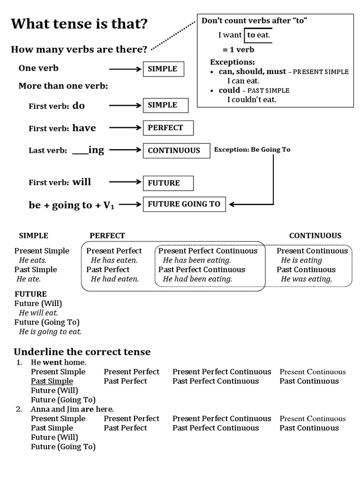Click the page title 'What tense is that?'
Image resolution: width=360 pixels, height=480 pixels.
pos(79,24)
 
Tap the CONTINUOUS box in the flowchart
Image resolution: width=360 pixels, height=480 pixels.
pos(176,150)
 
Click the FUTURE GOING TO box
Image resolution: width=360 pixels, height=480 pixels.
pos(184,204)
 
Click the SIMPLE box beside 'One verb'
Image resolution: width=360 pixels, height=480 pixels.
pos(163,69)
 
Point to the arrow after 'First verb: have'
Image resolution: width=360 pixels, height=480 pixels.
pos(125,127)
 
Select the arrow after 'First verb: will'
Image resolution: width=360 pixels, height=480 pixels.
pos(125,182)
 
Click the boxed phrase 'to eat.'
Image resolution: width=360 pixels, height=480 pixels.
pos(258,35)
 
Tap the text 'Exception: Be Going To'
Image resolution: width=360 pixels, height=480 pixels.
pos(252,150)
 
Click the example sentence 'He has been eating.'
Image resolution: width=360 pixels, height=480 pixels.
pos(197,260)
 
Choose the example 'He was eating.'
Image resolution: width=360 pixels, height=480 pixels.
pos(306,279)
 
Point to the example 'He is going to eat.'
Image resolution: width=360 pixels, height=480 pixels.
pos(50,331)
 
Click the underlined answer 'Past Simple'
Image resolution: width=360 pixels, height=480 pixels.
pos(52,381)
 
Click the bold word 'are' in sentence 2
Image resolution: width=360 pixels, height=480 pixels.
pos(87,409)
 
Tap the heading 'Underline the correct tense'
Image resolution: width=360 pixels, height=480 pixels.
pos(82,352)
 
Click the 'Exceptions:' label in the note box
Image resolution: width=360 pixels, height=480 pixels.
pos(232,62)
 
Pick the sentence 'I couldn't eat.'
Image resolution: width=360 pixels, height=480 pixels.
pos(252,99)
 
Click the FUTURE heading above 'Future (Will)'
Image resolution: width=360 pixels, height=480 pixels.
pos(30,294)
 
